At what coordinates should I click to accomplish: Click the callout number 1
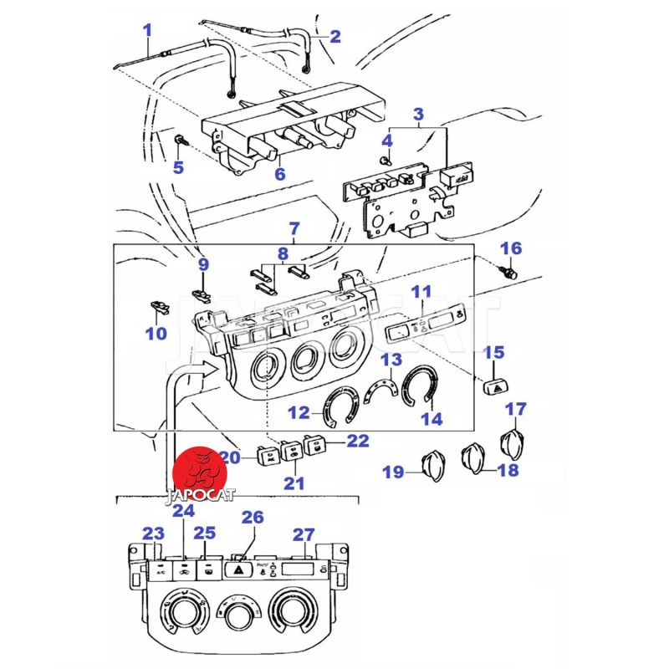(x=147, y=31)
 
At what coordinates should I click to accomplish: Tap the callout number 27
(x=304, y=535)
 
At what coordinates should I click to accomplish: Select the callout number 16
(x=511, y=248)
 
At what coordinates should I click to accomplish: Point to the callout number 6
(x=280, y=174)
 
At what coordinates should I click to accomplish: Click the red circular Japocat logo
(x=199, y=473)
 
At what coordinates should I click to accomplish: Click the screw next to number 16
(x=508, y=272)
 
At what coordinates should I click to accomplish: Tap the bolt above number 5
(x=180, y=140)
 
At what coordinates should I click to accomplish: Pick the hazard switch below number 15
(x=495, y=386)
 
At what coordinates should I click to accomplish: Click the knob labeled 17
(x=513, y=444)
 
